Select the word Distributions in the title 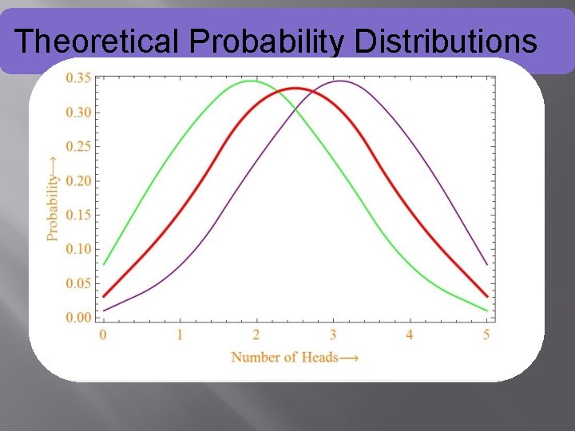[x=446, y=41]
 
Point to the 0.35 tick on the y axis [x=77, y=77]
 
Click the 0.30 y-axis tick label [x=77, y=112]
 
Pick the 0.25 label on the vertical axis [x=77, y=146]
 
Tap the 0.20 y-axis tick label [x=77, y=180]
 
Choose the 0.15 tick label [x=77, y=215]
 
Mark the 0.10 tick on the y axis [x=77, y=249]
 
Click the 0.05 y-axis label [x=77, y=283]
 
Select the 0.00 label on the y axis [x=77, y=318]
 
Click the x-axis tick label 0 [x=103, y=335]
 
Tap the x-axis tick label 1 [x=180, y=335]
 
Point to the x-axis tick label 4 [x=410, y=335]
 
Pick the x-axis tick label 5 [x=487, y=335]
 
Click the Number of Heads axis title [x=295, y=357]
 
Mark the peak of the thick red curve [x=295, y=88]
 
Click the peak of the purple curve [x=340, y=81]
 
